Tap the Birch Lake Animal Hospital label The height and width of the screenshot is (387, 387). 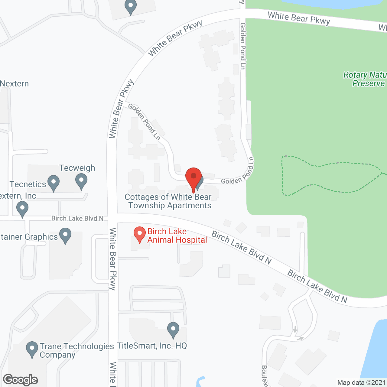point(177,236)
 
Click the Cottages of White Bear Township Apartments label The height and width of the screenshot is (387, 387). point(168,201)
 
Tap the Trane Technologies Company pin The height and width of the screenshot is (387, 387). point(32,349)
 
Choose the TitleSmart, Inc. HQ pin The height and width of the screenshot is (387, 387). point(173,330)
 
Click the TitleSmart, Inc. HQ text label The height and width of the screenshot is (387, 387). point(152,346)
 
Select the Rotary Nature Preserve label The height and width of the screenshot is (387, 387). point(365,79)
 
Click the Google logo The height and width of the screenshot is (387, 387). point(21,380)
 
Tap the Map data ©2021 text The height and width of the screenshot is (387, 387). point(361,382)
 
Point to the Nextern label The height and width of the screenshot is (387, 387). point(15,83)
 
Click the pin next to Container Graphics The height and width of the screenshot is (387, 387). point(65,236)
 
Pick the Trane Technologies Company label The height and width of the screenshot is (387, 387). point(76,350)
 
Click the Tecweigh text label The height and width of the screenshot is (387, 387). point(77,168)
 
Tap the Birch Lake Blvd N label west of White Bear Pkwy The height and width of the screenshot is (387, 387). point(77,218)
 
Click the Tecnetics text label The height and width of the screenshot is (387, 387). point(28,184)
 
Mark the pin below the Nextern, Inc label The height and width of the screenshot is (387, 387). point(22,209)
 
